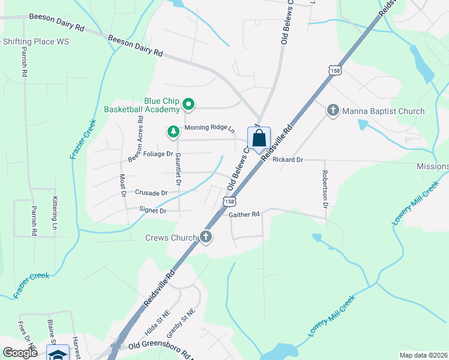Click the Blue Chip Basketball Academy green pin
point(188,105)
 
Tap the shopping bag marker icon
point(259,139)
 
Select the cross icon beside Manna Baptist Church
point(333,110)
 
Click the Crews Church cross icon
point(206,237)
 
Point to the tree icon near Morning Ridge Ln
point(173,131)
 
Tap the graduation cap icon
point(58,355)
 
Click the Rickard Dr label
point(288,160)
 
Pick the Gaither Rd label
point(244,214)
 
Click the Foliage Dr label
point(142,154)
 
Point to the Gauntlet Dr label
point(178,169)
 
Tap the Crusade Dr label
point(151,193)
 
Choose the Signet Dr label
point(152,211)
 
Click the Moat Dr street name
point(122,185)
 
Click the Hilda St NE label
point(157,322)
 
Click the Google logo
point(20,353)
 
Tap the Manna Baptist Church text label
point(383,111)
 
